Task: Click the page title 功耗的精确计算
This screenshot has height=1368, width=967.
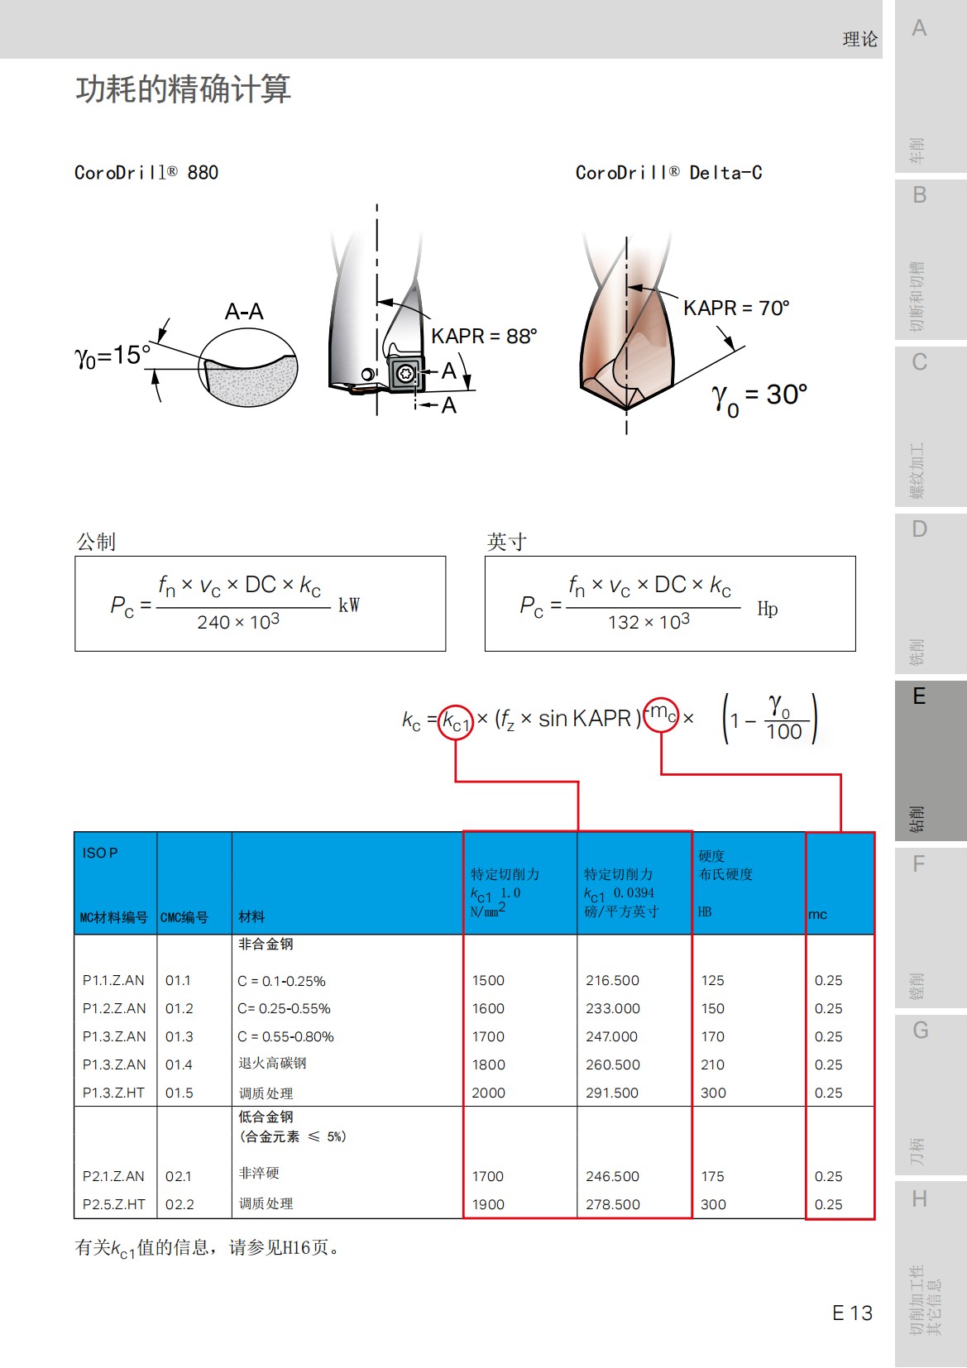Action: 183,89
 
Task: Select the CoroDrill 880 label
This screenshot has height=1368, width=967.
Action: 146,173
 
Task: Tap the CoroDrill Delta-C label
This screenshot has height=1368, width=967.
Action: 668,173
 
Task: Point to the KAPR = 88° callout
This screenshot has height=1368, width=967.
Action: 484,337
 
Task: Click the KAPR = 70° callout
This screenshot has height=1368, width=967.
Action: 736,309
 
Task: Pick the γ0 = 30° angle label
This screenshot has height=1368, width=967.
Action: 759,396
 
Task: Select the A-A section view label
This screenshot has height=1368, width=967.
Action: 244,312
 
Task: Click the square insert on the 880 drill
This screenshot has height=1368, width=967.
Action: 405,374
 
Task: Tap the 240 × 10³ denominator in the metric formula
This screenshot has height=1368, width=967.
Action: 238,622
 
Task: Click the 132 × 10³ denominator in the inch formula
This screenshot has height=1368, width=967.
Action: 649,622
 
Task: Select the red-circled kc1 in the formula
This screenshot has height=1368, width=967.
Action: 456,722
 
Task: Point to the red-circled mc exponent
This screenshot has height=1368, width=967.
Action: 661,714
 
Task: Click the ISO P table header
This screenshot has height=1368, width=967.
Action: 100,853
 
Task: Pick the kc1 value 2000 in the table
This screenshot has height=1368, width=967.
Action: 488,1093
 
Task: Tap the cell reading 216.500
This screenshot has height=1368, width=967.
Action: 612,980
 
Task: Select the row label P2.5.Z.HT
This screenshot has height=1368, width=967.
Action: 114,1204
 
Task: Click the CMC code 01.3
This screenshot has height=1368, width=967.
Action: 179,1036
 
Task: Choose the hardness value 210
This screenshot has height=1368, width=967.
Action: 712,1064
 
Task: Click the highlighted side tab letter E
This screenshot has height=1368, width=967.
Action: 919,696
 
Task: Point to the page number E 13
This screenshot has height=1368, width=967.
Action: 852,1313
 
